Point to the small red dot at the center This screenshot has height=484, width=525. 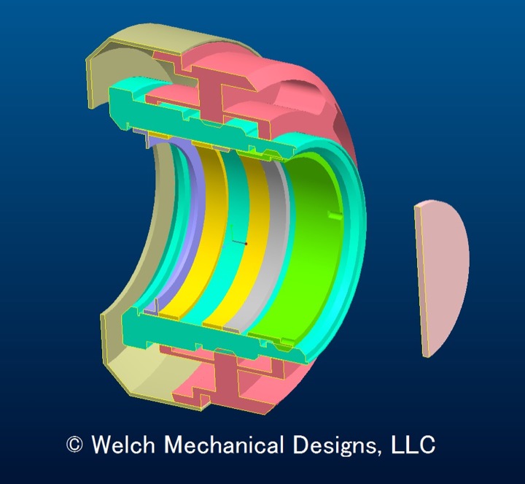(x=246, y=242)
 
